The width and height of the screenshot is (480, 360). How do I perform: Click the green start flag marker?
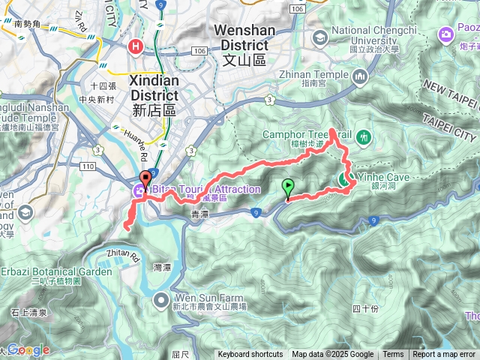(287, 188)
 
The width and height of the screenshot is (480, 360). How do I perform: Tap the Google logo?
(28, 349)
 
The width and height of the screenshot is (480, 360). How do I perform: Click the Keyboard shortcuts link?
(250, 355)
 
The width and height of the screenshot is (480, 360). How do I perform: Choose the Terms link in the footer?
(393, 355)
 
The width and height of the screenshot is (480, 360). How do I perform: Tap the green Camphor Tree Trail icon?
(364, 137)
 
